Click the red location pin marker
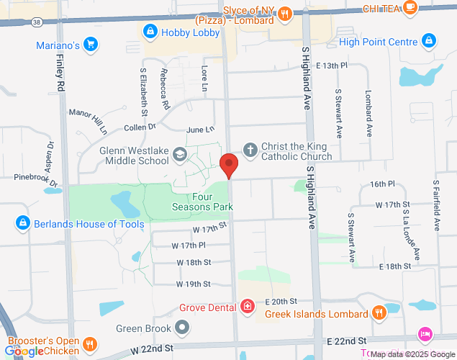click(229, 166)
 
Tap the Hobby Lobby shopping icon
click(150, 31)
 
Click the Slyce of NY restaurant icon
click(285, 12)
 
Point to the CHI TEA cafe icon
click(410, 8)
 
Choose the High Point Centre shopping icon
click(430, 41)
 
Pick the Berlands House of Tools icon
click(22, 223)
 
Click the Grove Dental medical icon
click(248, 307)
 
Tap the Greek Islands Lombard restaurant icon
click(379, 312)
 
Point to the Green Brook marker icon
click(183, 328)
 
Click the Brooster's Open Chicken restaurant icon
click(90, 345)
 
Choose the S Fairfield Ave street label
click(435, 206)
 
